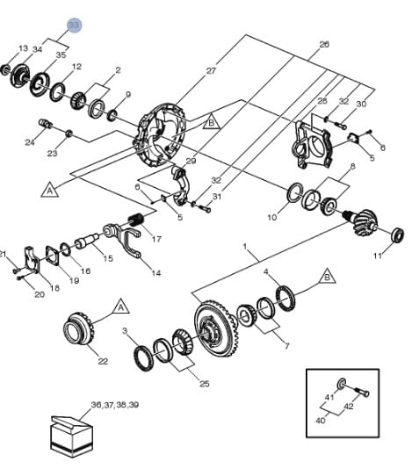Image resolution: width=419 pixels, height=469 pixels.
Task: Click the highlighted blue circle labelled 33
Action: tap(74, 25)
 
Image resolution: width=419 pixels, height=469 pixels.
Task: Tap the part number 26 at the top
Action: tap(324, 44)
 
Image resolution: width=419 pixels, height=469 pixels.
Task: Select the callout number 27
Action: tap(210, 71)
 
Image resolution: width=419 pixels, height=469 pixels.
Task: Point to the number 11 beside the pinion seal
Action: tap(378, 256)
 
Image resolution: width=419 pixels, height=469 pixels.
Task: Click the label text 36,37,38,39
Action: tap(114, 405)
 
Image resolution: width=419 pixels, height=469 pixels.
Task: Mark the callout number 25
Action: tap(205, 384)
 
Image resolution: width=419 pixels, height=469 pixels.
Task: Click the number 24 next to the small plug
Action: tap(30, 142)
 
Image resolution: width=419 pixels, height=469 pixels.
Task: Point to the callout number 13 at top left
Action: tap(23, 48)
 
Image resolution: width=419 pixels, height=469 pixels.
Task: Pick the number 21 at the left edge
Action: tap(4, 255)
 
